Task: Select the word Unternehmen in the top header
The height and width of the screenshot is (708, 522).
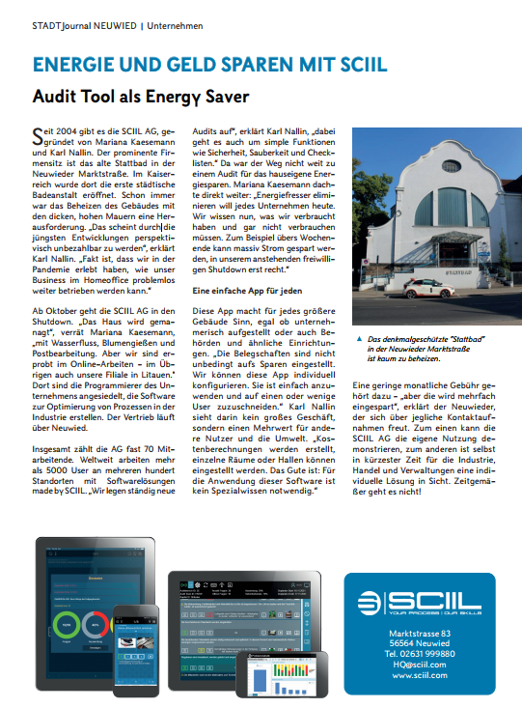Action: coord(176,25)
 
